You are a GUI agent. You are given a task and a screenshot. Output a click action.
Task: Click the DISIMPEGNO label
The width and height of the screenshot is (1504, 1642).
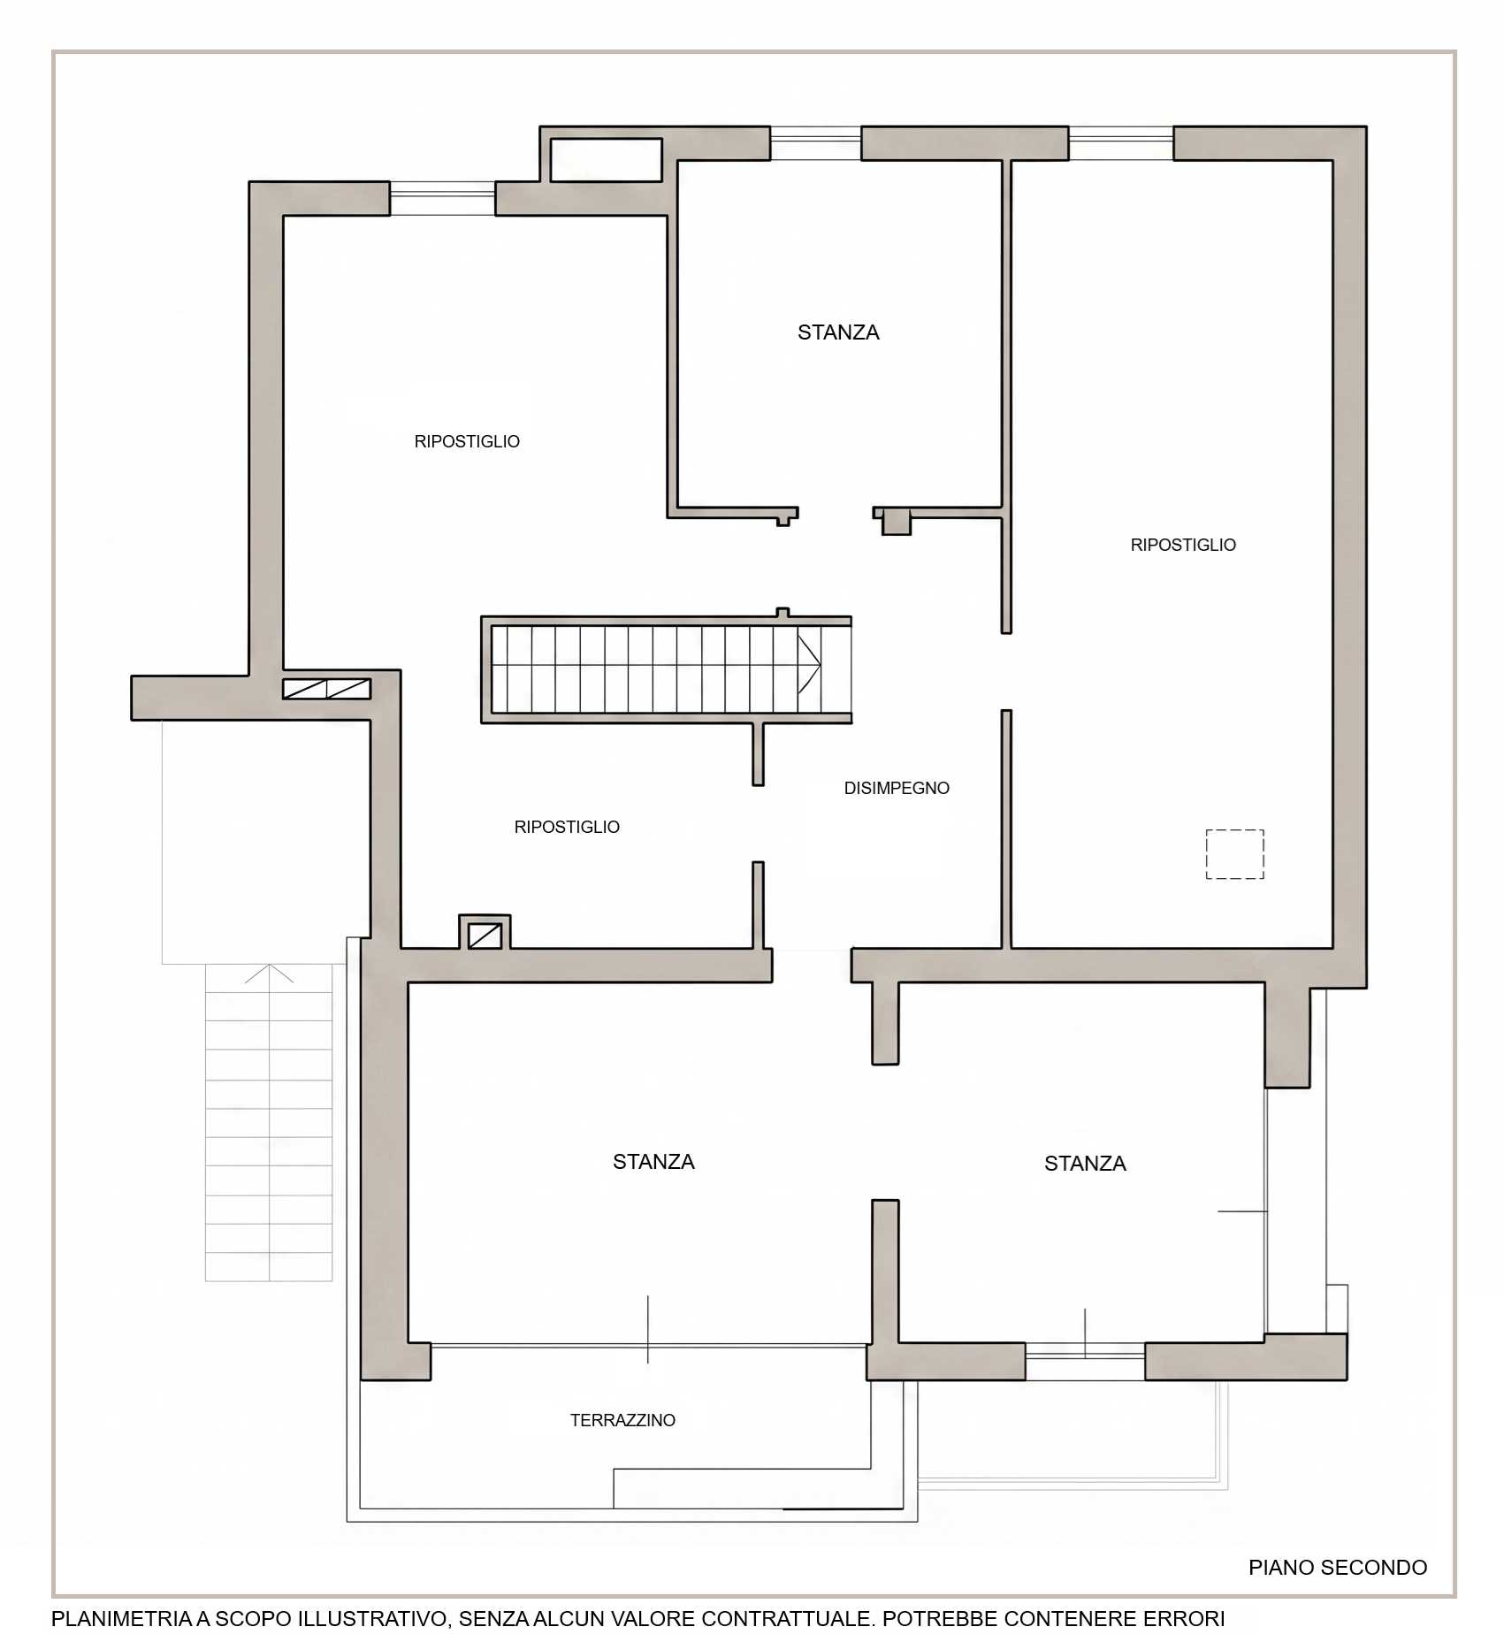[897, 788]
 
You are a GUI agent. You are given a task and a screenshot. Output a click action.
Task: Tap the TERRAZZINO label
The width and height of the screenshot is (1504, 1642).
[622, 1420]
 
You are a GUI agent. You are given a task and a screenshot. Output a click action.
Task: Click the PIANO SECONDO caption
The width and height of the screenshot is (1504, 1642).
[1338, 1567]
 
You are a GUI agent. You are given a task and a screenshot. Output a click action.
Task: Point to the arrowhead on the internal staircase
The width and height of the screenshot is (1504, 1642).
[809, 663]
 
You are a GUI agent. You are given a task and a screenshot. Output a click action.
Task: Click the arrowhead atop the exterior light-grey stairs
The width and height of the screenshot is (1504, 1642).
[269, 973]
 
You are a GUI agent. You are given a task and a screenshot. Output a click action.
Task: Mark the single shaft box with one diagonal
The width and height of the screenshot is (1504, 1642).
[485, 936]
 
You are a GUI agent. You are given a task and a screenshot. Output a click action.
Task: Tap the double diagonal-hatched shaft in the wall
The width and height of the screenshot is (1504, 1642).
[326, 689]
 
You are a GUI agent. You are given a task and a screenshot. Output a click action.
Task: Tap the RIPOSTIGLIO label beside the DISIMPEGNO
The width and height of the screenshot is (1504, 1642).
[567, 827]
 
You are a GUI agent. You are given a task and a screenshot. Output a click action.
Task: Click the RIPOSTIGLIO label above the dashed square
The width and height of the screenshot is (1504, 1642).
[1183, 545]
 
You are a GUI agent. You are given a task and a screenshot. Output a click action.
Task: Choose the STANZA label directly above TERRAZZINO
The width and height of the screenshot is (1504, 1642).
[653, 1161]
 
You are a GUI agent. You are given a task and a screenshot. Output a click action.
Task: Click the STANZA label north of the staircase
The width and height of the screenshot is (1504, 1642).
[838, 332]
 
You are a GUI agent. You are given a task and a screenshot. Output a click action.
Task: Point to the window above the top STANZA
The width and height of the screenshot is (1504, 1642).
[815, 143]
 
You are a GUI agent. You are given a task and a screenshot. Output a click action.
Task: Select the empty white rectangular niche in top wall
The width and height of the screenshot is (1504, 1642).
[606, 160]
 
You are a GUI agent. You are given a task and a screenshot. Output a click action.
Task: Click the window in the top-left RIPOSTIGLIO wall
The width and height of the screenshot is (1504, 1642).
[442, 199]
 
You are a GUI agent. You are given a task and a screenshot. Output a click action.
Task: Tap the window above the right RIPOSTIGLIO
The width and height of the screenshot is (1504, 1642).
[1121, 143]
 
